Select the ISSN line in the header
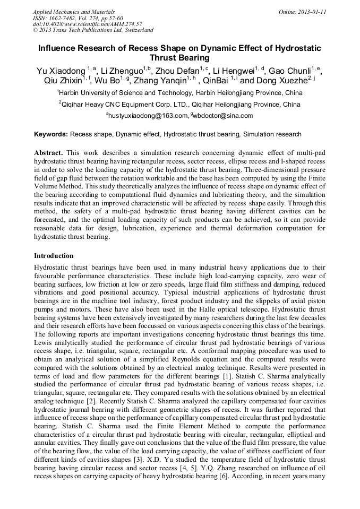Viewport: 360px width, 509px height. pyautogui.click(x=78, y=18)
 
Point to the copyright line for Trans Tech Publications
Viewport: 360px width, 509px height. pyautogui.click(x=93, y=30)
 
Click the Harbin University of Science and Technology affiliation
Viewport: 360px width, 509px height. pyautogui.click(x=181, y=93)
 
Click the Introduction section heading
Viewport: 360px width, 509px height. pyautogui.click(x=54, y=256)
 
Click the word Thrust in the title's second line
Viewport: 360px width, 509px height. pyautogui.click(x=164, y=58)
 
